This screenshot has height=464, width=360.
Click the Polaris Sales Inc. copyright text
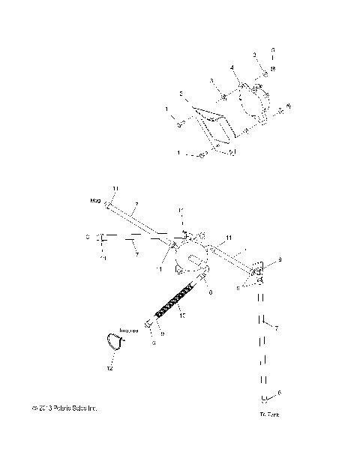[65, 408]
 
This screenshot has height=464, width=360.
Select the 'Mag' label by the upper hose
[95, 201]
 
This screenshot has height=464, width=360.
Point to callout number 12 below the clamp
[109, 367]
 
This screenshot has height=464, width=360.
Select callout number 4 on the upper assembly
[232, 67]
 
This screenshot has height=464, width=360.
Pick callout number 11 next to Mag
[115, 187]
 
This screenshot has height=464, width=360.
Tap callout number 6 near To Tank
[279, 392]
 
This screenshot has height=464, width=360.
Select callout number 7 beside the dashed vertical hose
[277, 328]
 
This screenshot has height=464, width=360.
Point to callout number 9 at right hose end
[279, 259]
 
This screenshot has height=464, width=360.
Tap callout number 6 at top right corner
[273, 49]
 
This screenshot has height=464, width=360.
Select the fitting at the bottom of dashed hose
[263, 399]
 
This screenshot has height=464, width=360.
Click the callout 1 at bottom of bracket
[178, 152]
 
